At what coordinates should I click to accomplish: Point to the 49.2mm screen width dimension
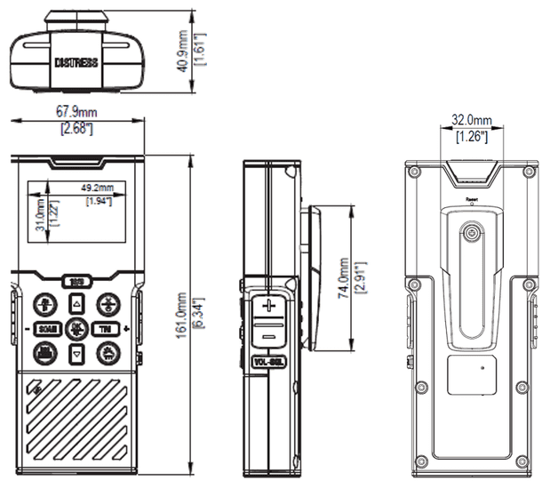tap(98, 188)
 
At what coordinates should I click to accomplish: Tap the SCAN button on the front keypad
tap(48, 330)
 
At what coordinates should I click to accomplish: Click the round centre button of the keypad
tap(76, 330)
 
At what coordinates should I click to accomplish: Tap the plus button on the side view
tap(269, 306)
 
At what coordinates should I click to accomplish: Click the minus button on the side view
tap(269, 334)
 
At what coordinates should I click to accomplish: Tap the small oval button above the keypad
tap(76, 283)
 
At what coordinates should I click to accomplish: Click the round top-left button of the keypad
tap(44, 302)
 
